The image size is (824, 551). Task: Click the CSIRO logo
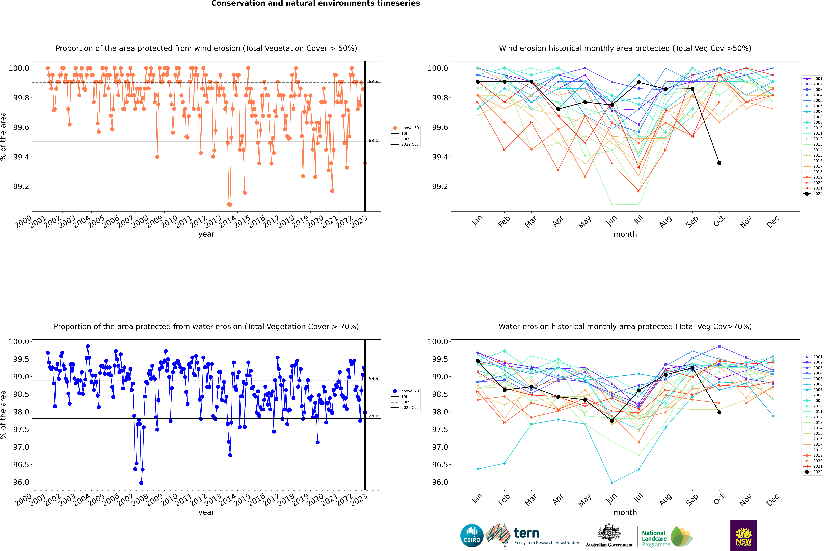(472, 536)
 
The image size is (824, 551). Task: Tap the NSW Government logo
(744, 536)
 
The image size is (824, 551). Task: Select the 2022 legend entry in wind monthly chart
(813, 194)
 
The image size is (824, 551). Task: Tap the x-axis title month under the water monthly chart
(625, 512)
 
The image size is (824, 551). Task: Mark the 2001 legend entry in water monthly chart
(813, 357)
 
